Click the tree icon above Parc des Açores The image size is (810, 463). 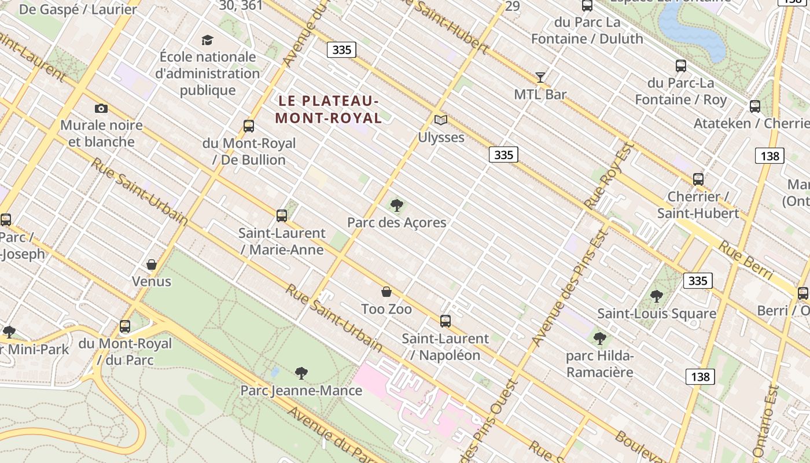397,205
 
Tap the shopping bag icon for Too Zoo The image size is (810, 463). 386,292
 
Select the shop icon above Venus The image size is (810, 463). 152,264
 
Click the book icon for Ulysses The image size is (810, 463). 441,120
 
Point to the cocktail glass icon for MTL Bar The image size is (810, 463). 540,77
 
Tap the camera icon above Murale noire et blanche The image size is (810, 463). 101,108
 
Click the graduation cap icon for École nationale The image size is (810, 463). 207,40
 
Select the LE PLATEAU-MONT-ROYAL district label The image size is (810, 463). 328,109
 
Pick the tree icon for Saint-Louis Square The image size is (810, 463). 657,296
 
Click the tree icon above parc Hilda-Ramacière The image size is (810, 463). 600,338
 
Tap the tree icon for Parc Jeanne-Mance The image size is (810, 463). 301,373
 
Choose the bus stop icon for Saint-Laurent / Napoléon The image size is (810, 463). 446,321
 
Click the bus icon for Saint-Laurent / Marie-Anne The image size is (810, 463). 282,216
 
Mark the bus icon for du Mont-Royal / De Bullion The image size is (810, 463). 249,126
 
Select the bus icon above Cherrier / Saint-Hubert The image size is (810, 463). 698,179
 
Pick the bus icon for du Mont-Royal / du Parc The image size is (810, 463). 125,326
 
